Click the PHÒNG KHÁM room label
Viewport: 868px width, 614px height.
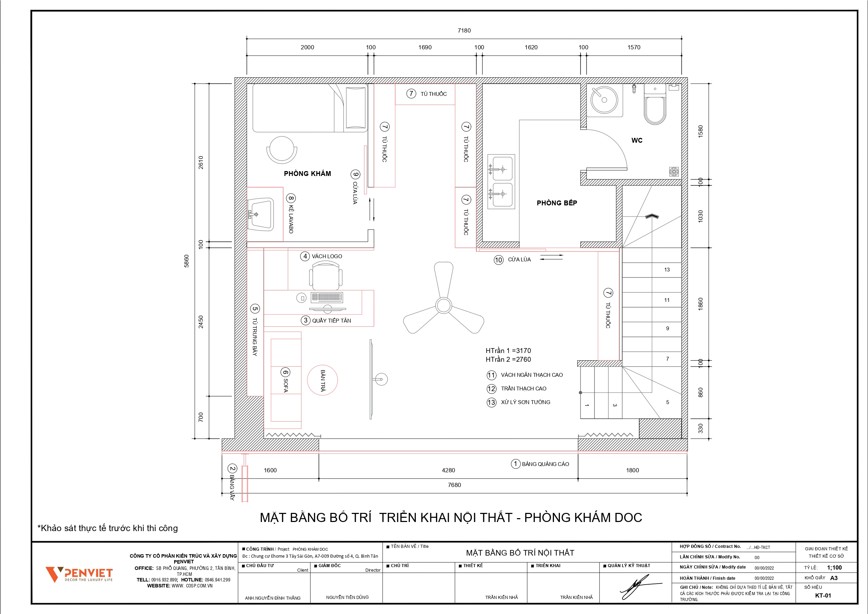tap(307, 174)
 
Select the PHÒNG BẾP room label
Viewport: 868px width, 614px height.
tap(557, 203)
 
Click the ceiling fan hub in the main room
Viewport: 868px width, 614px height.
tap(443, 306)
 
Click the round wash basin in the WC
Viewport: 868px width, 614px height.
tap(604, 100)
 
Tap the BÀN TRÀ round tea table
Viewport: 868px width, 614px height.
tap(322, 380)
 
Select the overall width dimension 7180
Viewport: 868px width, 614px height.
tap(464, 31)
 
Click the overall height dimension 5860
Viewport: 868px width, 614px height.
tap(186, 261)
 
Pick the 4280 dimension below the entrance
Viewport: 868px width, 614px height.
tap(448, 470)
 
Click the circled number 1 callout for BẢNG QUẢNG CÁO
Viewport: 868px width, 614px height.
tap(515, 464)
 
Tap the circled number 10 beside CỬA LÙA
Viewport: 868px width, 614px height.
tap(499, 260)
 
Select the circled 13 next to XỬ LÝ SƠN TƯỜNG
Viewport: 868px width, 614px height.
tap(491, 402)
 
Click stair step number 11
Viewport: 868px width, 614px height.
tap(667, 300)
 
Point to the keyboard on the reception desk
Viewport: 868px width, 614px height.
tap(327, 297)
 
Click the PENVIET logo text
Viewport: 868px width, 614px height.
tap(88, 573)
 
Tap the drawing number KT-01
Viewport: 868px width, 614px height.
tap(823, 595)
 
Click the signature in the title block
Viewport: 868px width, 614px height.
tap(640, 587)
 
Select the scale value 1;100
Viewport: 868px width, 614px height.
tap(834, 567)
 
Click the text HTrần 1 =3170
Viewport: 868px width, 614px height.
tap(508, 351)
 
